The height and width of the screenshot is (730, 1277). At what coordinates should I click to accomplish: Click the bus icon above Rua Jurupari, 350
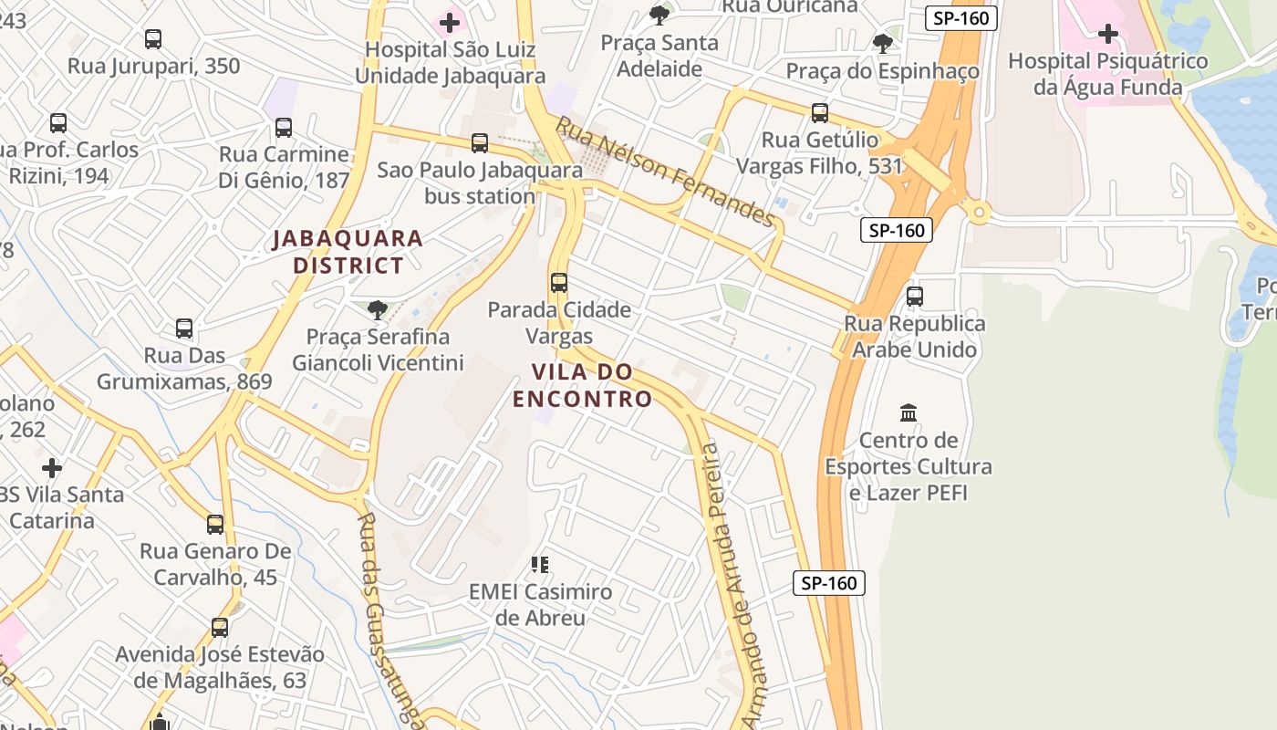(x=153, y=39)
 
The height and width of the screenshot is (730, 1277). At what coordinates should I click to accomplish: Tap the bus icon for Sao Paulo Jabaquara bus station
(x=479, y=143)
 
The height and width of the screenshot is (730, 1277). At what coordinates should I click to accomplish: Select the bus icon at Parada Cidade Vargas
(x=559, y=283)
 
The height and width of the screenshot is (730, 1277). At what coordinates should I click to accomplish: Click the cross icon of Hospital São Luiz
(x=449, y=22)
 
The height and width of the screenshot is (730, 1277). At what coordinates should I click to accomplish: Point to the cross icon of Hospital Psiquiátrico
(x=1107, y=35)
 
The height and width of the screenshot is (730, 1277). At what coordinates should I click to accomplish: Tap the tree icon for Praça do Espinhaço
(x=882, y=43)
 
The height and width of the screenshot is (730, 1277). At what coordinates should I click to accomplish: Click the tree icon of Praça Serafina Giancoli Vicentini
(x=377, y=310)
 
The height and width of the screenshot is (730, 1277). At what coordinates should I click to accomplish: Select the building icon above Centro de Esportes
(x=908, y=413)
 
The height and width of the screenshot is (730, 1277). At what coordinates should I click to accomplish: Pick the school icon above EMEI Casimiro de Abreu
(x=540, y=565)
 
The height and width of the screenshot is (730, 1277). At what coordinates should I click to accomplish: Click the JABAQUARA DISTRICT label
(x=348, y=252)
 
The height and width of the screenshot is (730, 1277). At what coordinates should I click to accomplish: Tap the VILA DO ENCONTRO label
(x=582, y=385)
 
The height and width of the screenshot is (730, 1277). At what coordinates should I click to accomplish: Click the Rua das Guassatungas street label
(x=387, y=616)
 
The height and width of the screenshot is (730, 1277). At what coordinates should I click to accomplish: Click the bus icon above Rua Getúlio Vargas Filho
(x=820, y=113)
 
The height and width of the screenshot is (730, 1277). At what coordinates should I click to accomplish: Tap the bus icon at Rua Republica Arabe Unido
(x=915, y=297)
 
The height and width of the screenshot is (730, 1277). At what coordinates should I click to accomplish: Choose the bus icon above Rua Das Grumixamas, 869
(x=184, y=328)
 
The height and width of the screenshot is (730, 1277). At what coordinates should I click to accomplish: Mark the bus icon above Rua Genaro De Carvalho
(x=215, y=525)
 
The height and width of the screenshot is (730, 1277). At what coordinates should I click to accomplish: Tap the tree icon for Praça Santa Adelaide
(x=659, y=16)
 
